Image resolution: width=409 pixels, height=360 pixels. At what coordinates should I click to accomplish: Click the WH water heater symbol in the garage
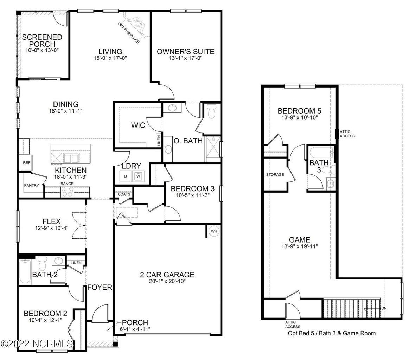pos(214,231)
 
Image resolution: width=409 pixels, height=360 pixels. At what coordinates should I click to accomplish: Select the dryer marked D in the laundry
pos(126,176)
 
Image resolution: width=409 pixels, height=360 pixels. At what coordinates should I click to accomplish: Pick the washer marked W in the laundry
pos(138,176)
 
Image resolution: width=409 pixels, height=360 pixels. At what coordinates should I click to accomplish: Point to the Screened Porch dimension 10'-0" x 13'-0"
pos(41,50)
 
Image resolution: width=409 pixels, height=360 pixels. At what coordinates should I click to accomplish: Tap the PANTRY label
pos(31,185)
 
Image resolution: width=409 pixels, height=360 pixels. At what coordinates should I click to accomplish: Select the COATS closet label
pos(124,194)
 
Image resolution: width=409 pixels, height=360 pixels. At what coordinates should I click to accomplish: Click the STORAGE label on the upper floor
pos(275,175)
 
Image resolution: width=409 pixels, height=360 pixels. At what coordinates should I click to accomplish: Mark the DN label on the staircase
pos(384,308)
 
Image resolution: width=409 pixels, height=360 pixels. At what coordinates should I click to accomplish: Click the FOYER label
pos(100,288)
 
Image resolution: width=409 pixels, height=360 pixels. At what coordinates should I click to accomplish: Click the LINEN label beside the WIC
pos(159,141)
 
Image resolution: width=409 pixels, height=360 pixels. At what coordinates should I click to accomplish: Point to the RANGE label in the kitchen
pos(67,184)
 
